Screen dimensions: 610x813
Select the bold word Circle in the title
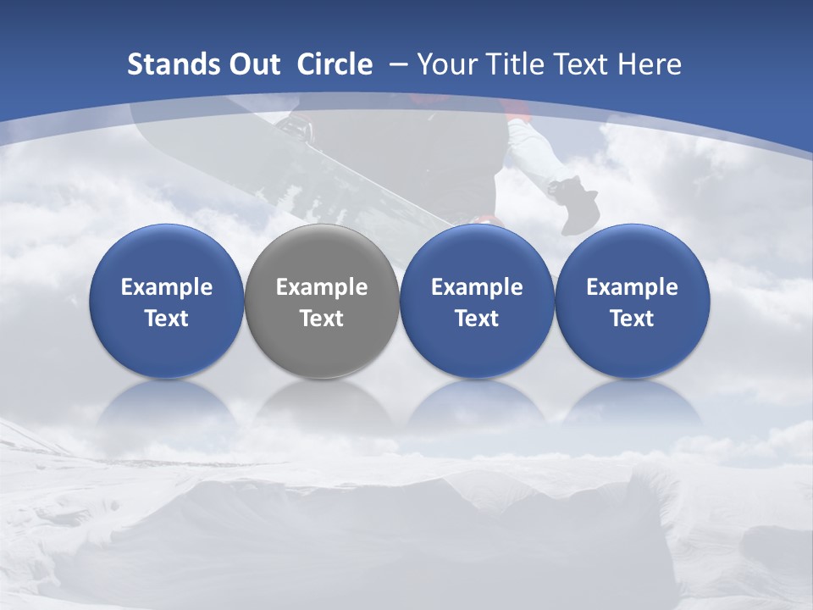tap(335, 64)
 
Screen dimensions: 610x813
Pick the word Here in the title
tap(650, 64)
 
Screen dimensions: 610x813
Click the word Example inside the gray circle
tap(322, 287)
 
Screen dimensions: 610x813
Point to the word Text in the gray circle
tap(322, 319)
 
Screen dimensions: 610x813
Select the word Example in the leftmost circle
tap(167, 287)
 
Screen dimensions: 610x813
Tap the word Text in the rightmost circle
tap(633, 319)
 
